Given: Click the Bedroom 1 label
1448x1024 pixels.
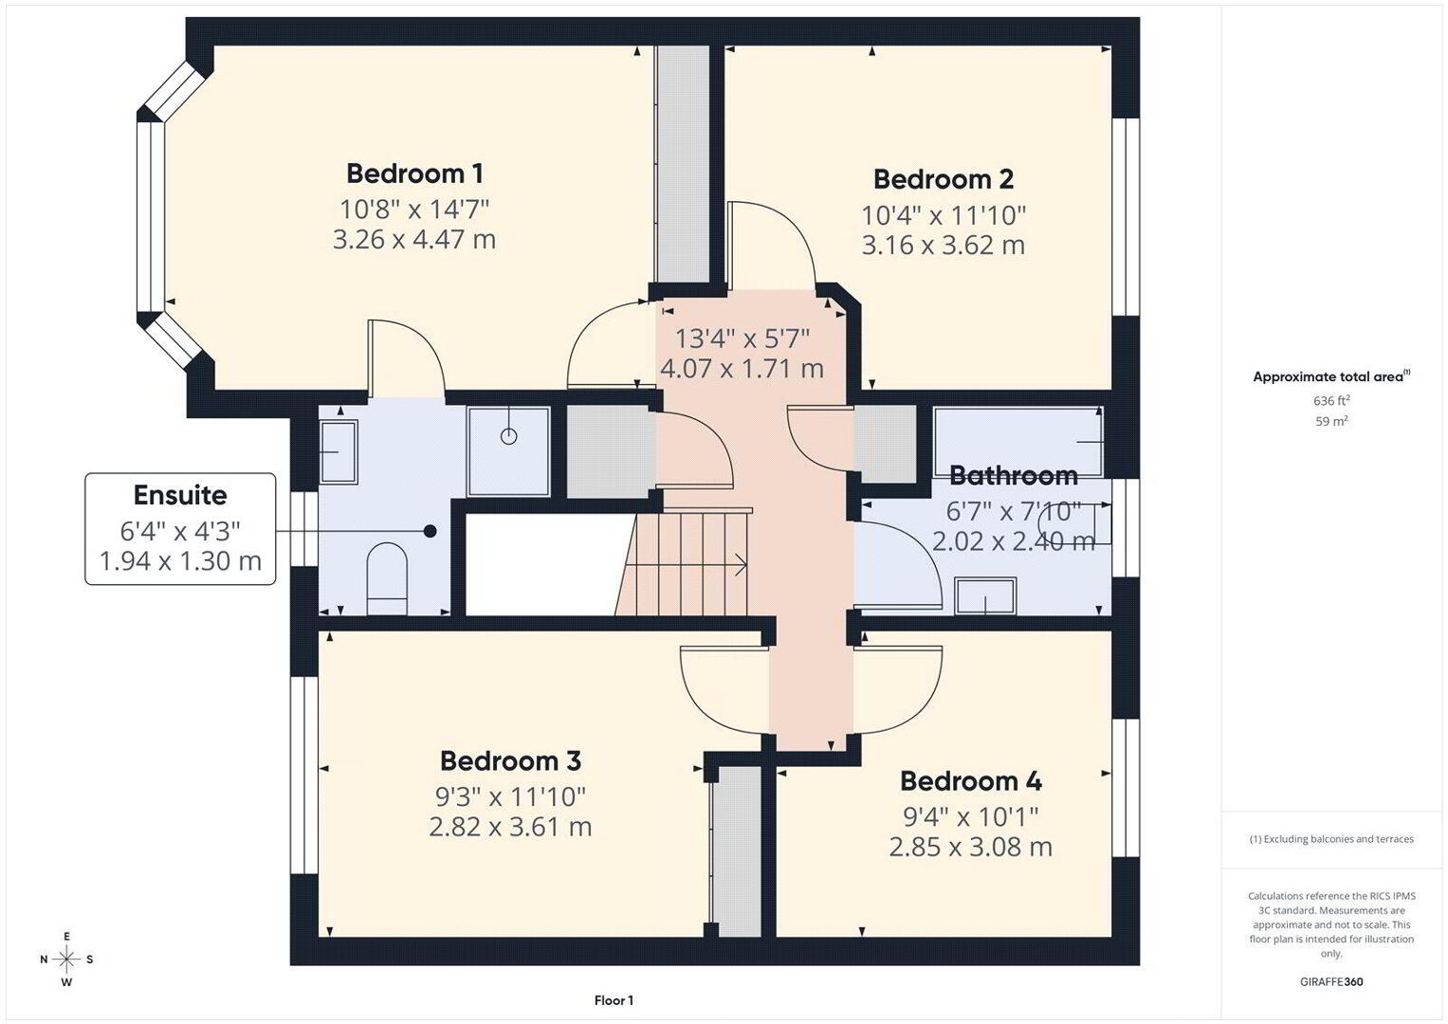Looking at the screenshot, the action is click(x=414, y=174).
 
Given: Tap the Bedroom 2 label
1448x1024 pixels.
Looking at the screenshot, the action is click(x=944, y=179).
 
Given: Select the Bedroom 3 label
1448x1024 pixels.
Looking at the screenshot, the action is click(x=510, y=760).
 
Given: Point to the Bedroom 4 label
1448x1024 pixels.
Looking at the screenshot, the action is click(x=970, y=781).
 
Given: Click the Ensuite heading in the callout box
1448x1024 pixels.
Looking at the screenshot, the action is click(x=180, y=495).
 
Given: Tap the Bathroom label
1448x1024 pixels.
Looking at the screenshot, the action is click(x=1014, y=476).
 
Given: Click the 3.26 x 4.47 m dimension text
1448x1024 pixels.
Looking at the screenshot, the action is click(x=414, y=239).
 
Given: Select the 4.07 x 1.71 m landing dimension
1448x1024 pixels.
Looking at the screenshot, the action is click(x=742, y=369).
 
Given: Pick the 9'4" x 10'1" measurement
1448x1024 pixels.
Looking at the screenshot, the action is click(x=970, y=817).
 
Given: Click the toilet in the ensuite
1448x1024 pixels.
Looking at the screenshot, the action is click(x=387, y=578).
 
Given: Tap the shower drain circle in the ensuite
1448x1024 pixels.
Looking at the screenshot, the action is click(x=508, y=436).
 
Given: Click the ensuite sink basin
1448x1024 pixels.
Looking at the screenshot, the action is click(x=339, y=451).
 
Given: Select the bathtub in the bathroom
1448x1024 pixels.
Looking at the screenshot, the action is click(x=1018, y=442).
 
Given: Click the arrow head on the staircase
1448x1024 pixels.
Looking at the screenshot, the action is click(x=742, y=564).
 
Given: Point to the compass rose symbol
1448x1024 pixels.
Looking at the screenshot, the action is click(x=66, y=960).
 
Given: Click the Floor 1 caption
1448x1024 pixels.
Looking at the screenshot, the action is click(x=614, y=1000).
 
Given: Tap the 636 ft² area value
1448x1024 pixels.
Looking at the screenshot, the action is click(x=1331, y=401).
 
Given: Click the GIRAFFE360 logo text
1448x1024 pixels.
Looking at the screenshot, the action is click(x=1331, y=982).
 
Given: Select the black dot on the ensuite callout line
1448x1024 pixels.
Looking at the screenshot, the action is click(x=430, y=531).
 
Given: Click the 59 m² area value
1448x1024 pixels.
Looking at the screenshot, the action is click(x=1331, y=422).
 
